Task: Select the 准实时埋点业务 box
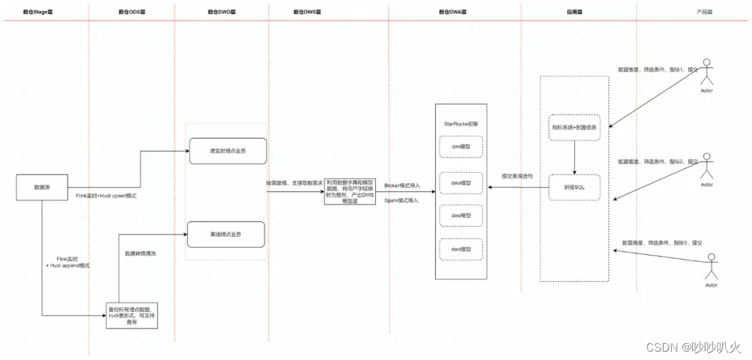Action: pos(228,150)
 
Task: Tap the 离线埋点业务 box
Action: pos(228,235)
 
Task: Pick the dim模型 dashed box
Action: pos(462,148)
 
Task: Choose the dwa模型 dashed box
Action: pos(462,183)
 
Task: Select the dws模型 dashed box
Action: pos(462,216)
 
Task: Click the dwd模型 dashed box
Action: pos(462,249)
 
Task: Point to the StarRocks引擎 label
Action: pos(461,123)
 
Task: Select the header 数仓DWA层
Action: pos(453,12)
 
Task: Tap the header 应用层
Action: pos(575,12)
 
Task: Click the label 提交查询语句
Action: pos(517,176)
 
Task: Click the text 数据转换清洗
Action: pos(140,253)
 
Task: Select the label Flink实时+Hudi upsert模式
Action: pos(107,197)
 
